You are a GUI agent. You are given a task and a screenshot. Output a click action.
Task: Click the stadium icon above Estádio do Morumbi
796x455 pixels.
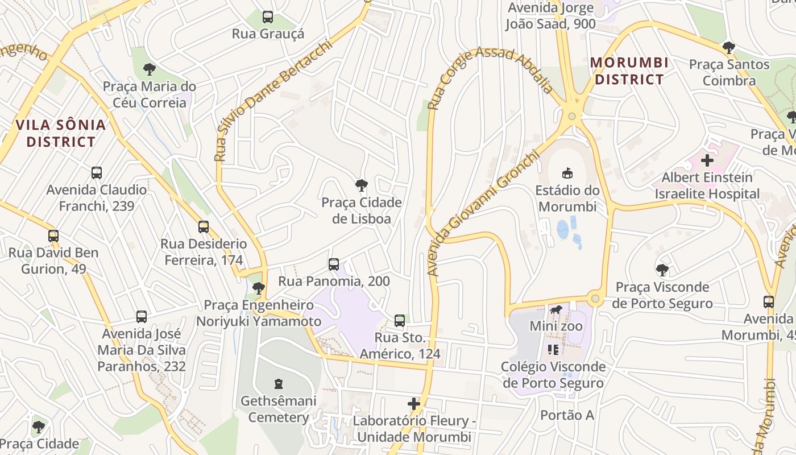coord(567,173)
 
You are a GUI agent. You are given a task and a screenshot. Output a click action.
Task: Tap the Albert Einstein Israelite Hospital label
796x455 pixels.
coord(707,186)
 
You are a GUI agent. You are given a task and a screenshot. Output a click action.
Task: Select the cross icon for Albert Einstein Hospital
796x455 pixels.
coord(707,160)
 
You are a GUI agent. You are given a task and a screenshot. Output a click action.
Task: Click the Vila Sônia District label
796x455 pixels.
coord(61,133)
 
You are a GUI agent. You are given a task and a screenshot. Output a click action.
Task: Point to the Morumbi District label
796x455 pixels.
coord(629,71)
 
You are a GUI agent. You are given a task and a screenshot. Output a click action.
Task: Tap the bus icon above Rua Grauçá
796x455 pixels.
coord(268,17)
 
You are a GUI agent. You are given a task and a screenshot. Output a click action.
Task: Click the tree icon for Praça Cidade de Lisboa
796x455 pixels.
coord(361,185)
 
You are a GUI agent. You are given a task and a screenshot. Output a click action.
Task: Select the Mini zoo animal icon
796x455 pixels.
coord(556,310)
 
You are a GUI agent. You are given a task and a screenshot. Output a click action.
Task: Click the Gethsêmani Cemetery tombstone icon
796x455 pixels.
coord(278,384)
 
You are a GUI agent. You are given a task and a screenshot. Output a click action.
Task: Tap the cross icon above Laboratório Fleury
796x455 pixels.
coord(414,404)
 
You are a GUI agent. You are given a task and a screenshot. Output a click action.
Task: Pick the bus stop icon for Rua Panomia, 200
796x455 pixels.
coord(334,264)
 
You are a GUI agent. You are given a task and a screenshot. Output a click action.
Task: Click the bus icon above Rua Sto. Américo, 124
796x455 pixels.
coord(400,321)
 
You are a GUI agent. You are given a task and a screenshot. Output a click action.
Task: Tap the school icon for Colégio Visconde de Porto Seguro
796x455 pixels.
coord(553,349)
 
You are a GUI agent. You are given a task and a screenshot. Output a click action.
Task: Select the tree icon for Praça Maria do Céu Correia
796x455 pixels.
coord(150,69)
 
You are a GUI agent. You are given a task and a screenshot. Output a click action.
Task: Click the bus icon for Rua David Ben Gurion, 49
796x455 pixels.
coord(53,235)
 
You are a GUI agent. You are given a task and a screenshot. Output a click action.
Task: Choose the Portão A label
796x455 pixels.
coord(567,415)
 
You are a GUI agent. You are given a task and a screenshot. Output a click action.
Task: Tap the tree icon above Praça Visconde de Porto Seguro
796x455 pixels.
coord(662,270)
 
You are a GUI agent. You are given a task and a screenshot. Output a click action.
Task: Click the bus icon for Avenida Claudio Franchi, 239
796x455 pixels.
coord(97,172)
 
